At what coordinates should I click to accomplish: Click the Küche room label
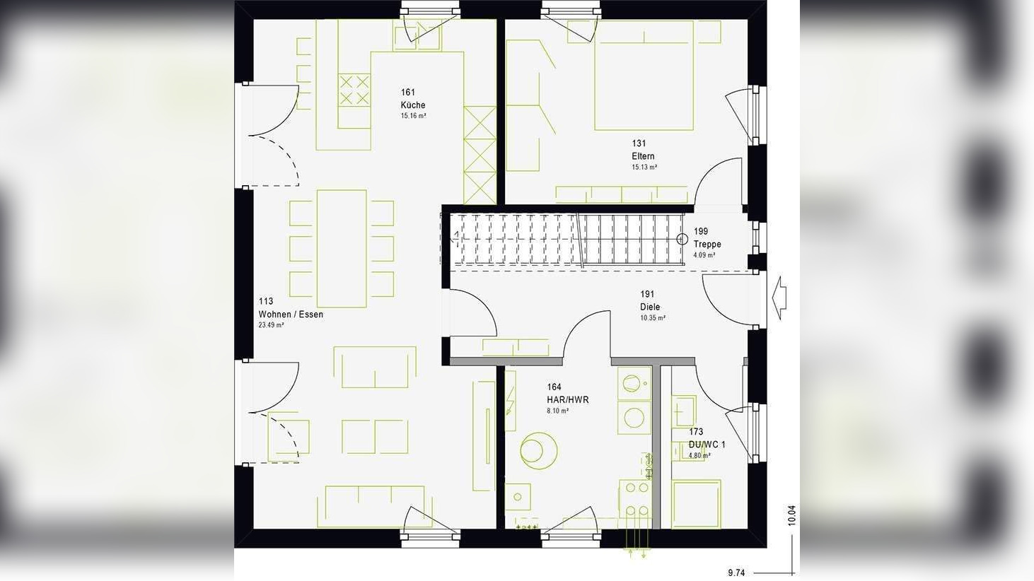[x=413, y=105]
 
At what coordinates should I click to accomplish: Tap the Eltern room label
[x=643, y=156]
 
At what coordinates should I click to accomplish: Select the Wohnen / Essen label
[x=291, y=315]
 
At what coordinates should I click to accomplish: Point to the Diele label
[x=650, y=307]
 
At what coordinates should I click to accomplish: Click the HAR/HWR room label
[x=567, y=399]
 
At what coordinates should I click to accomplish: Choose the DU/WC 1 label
[x=707, y=445]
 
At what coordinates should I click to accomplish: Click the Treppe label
[x=707, y=244]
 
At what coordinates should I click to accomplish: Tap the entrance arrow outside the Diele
[x=779, y=298]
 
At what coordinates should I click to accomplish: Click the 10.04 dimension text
[x=791, y=515]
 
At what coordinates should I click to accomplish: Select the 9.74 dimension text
[x=736, y=573]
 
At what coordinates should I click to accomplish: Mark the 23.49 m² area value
[x=271, y=326]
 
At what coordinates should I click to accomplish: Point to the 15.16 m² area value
[x=413, y=116]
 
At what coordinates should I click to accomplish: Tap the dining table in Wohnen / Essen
[x=342, y=248]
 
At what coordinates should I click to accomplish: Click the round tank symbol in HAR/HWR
[x=538, y=450]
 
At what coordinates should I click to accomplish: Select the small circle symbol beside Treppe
[x=682, y=240]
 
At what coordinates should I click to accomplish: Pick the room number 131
[x=639, y=143]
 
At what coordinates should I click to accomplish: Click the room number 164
[x=554, y=387]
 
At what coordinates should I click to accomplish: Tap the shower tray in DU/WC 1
[x=696, y=504]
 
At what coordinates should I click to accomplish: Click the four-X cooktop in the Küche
[x=354, y=90]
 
